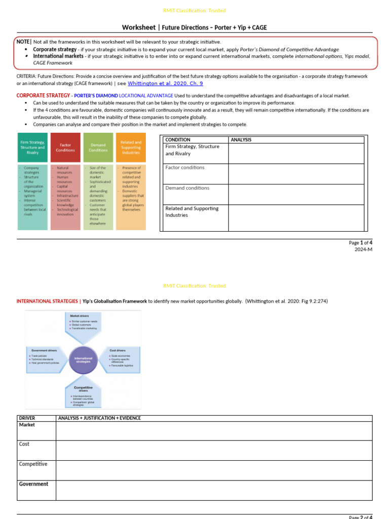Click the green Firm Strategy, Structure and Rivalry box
[32, 147]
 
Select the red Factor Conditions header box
[65, 147]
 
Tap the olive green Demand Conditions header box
[98, 147]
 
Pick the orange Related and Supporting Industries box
[131, 147]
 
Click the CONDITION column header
[178, 140]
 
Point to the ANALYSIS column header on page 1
[241, 140]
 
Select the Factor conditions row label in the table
[185, 168]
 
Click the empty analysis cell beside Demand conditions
[296, 194]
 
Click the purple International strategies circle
[83, 360]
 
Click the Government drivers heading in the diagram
[44, 350]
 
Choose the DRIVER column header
[27, 418]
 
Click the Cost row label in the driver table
[24, 444]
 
